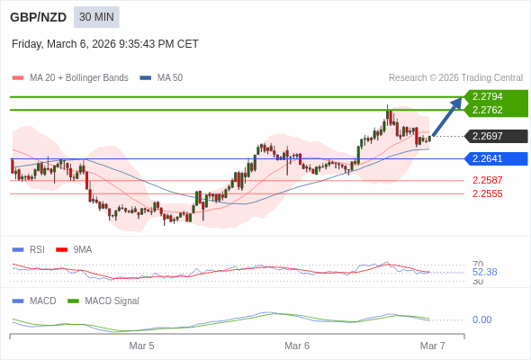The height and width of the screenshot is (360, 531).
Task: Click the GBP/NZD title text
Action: [x=38, y=17]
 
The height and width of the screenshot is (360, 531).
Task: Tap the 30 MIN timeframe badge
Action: [x=96, y=17]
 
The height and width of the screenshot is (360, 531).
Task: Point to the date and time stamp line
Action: [x=105, y=44]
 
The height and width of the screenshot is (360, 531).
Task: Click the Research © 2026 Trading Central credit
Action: [x=455, y=77]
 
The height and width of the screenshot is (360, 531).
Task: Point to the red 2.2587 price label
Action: [x=488, y=180]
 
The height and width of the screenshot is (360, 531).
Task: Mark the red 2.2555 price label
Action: [x=488, y=193]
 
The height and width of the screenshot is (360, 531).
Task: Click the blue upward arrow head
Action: [x=457, y=101]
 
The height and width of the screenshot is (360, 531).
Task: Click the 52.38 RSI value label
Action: [x=485, y=272]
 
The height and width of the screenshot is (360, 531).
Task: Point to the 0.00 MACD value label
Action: [x=482, y=319]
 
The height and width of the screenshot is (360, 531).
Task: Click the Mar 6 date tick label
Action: [x=297, y=346]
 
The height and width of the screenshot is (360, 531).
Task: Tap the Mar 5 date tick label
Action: [x=141, y=346]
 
